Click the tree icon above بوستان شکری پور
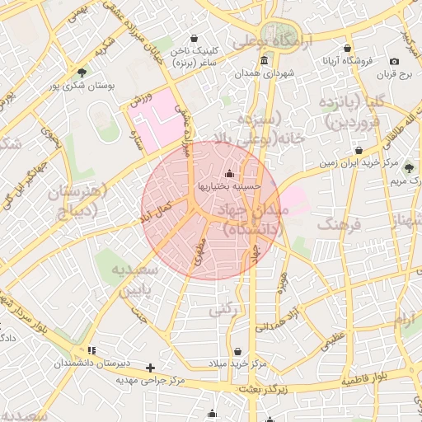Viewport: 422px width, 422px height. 81,73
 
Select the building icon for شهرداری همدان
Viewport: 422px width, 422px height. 263,61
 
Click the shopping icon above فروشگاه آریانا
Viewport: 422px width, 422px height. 348,48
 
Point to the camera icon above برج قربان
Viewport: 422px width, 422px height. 394,62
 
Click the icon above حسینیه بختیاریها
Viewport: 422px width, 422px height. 229,174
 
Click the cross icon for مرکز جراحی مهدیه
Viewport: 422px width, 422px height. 149,368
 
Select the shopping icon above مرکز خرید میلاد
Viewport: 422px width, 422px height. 238,351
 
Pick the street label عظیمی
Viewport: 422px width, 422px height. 332,339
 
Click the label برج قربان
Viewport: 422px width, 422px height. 393,75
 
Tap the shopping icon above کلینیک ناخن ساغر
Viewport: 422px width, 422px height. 194,38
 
